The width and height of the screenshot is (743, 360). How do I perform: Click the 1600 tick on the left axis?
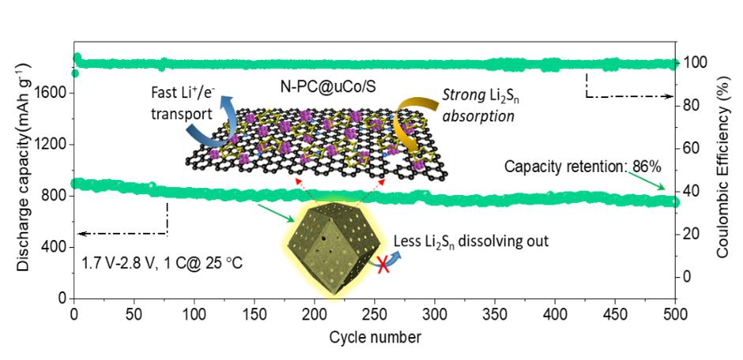(x=54, y=93)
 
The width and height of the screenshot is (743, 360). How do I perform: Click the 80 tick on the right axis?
(x=694, y=106)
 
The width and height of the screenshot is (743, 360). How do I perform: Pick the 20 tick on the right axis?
(x=694, y=234)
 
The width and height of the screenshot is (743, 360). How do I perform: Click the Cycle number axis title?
(x=374, y=337)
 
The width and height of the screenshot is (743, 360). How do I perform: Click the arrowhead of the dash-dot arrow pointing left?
(x=81, y=233)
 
